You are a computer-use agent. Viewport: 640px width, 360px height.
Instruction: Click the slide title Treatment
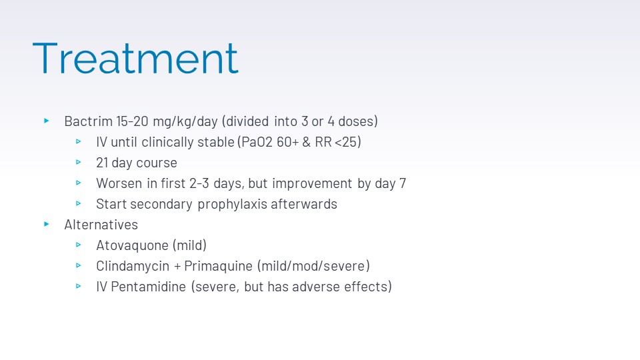135,59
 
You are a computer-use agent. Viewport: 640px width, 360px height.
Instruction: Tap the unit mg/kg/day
185,122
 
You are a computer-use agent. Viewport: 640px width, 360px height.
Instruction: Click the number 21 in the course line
102,163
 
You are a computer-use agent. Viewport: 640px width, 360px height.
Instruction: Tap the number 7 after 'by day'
403,183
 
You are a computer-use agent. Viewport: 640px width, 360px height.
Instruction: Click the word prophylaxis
232,205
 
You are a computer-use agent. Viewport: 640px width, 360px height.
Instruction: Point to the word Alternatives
101,225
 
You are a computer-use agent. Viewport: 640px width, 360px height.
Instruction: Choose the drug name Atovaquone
132,246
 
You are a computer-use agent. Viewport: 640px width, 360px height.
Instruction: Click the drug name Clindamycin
133,267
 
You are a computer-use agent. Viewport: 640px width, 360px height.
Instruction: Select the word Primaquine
219,267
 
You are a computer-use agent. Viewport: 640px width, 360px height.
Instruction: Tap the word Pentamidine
148,287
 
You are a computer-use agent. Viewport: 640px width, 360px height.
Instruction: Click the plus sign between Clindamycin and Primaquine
177,267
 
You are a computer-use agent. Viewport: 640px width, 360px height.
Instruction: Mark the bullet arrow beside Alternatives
47,224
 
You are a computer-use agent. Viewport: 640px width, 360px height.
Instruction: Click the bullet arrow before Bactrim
47,121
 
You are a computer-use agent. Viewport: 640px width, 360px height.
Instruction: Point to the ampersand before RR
307,142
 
